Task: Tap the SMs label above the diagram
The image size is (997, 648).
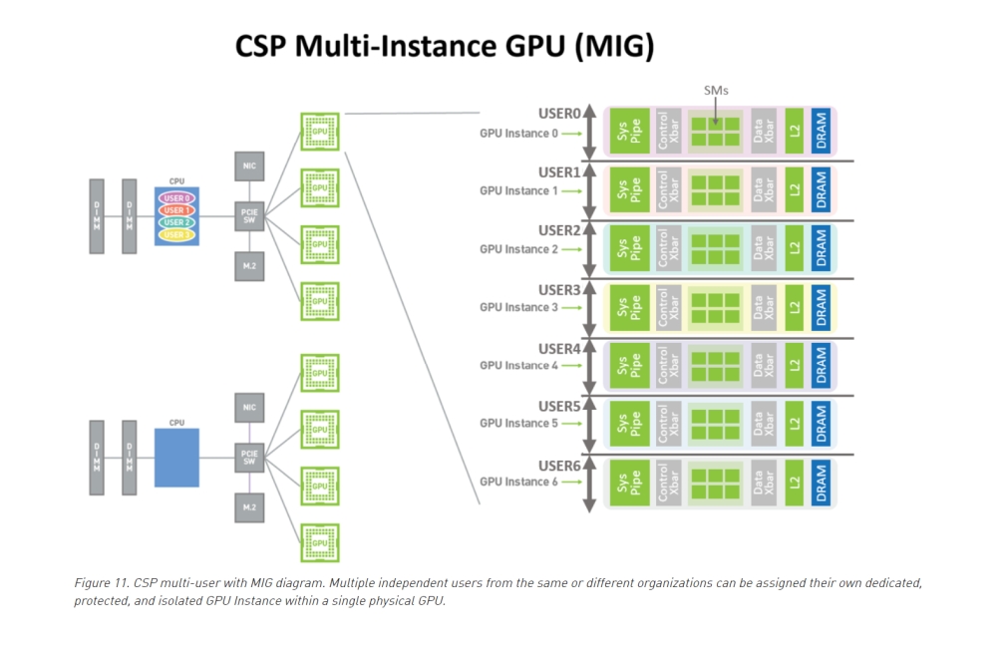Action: pos(716,90)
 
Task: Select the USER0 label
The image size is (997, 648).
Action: pos(559,114)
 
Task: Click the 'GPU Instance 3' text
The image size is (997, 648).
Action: pos(518,307)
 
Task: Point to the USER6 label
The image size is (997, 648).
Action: pos(559,466)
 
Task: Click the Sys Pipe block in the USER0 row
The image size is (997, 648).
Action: pos(629,132)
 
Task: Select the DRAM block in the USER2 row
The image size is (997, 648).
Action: pos(821,248)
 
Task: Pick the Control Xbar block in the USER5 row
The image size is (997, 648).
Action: pos(669,423)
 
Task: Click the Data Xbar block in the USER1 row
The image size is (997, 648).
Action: pos(765,189)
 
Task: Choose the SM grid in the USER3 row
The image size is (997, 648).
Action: pos(716,306)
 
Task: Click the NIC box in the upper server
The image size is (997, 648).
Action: pos(249,164)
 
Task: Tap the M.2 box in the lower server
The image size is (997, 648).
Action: pos(249,506)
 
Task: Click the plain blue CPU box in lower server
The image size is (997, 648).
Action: pos(176,458)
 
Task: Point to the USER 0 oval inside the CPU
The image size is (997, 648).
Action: pos(176,198)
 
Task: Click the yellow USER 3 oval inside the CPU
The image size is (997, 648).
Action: pos(176,234)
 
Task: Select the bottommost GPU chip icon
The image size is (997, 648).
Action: pos(320,543)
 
